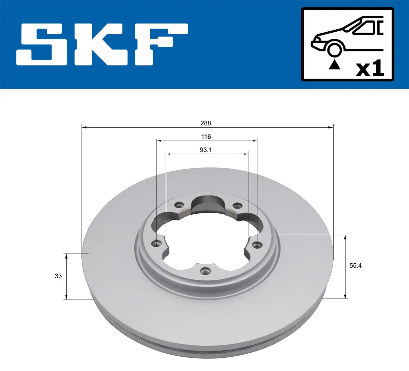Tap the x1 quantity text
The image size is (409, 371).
pyautogui.click(x=370, y=69)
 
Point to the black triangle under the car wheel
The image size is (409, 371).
pyautogui.click(x=334, y=64)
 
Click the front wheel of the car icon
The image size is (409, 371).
pyautogui.click(x=334, y=49)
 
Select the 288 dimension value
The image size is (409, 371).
pyautogui.click(x=206, y=123)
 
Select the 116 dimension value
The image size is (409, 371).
pyautogui.click(x=206, y=137)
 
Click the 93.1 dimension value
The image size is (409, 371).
pyautogui.click(x=206, y=150)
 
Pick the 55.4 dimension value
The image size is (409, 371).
pyautogui.click(x=355, y=265)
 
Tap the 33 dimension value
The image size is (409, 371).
pyautogui.click(x=58, y=276)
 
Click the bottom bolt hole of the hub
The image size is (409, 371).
pyautogui.click(x=205, y=271)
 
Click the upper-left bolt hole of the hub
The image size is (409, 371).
pyautogui.click(x=178, y=205)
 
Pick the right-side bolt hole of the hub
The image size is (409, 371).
pyautogui.click(x=257, y=244)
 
